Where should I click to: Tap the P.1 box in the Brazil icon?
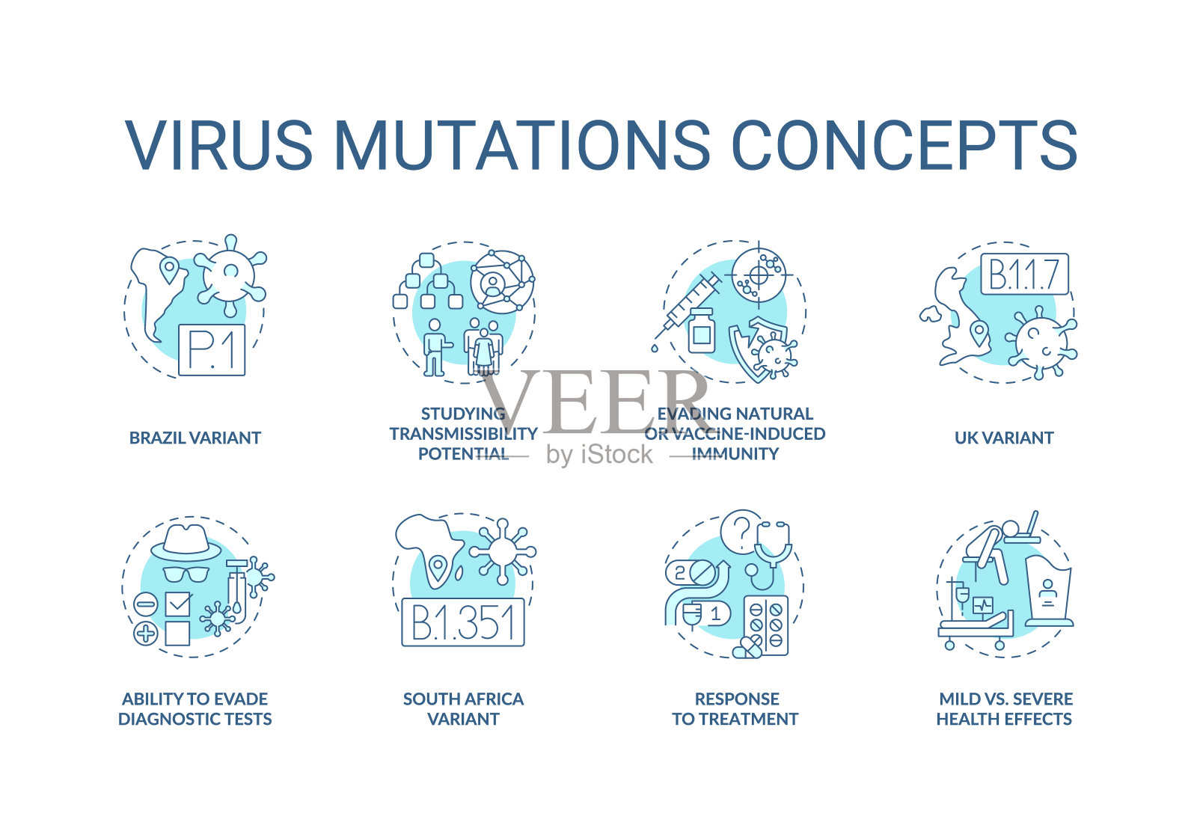tap(212, 350)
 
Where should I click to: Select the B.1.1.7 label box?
tap(1024, 274)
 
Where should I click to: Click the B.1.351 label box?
tap(463, 622)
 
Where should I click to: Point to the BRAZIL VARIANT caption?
tap(195, 438)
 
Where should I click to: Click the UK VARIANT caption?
tap(1004, 438)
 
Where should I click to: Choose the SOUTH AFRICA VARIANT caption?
tap(463, 709)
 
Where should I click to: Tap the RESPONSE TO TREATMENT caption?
tap(735, 709)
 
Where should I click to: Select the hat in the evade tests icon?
tap(186, 543)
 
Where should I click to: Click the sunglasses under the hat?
tap(186, 574)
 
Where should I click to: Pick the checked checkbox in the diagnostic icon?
tap(178, 604)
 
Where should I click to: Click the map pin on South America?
tap(169, 272)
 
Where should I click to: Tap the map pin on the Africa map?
tap(438, 568)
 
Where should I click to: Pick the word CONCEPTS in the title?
tap(904, 145)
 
